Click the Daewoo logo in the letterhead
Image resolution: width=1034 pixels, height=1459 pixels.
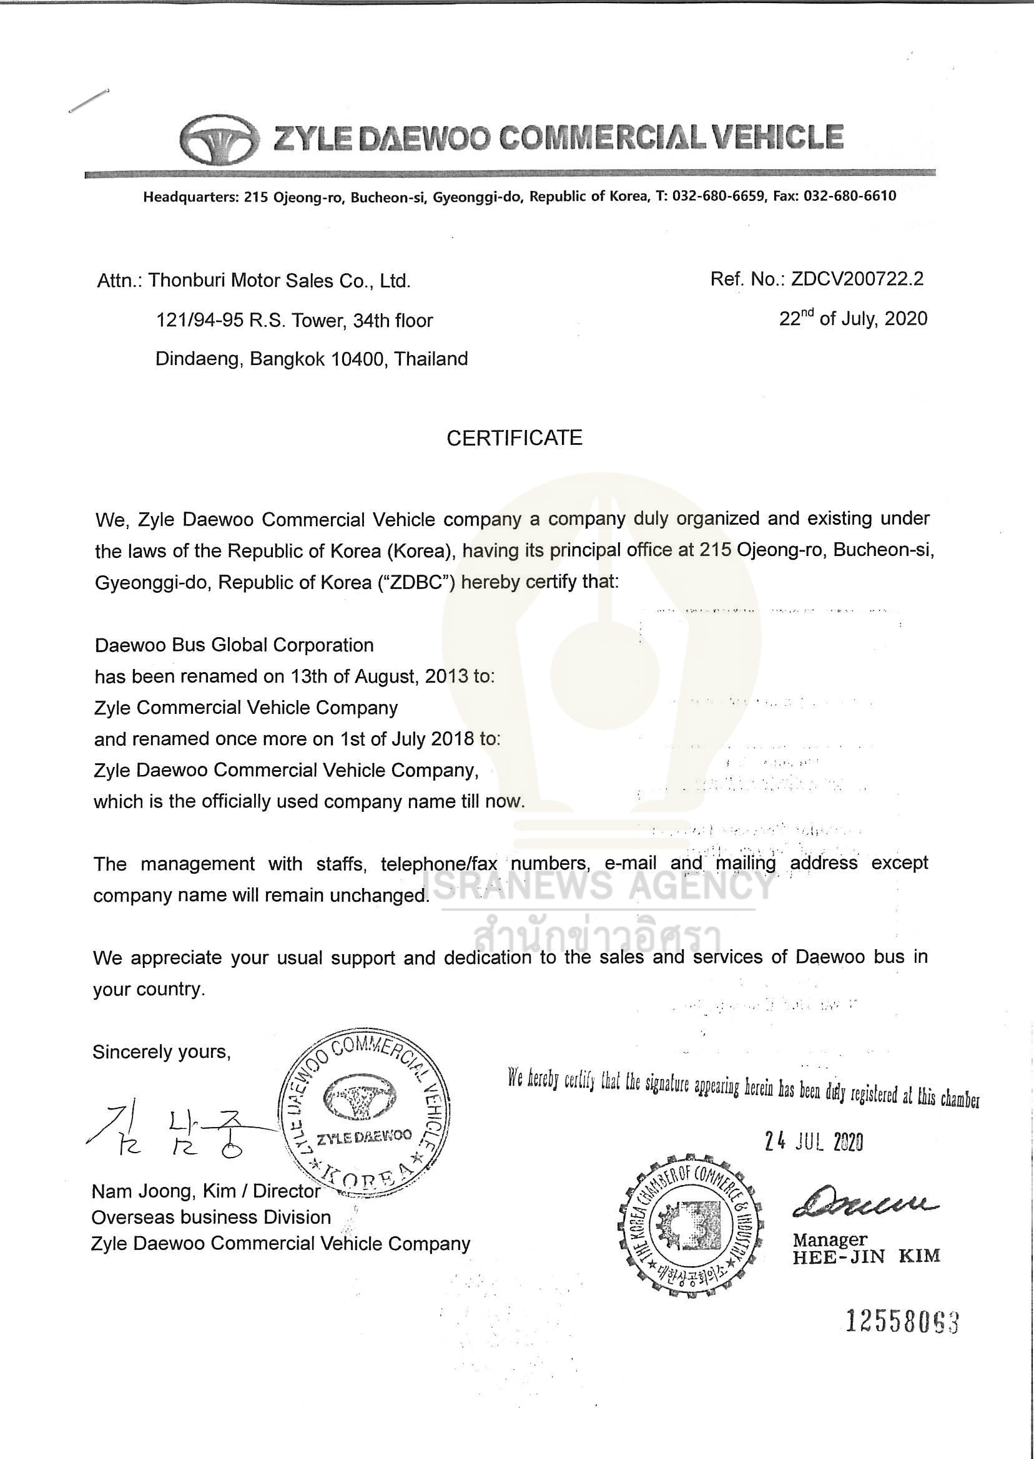pos(219,139)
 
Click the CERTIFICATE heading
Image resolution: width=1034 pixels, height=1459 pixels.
pos(515,439)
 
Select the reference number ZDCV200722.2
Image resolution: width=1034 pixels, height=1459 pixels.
pos(857,279)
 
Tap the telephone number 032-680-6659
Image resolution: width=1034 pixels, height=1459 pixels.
pos(718,197)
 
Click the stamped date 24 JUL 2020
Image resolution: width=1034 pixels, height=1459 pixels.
pos(814,1143)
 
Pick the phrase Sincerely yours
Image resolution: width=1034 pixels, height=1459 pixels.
pos(162,1052)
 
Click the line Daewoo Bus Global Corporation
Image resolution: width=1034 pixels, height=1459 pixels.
pos(234,645)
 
